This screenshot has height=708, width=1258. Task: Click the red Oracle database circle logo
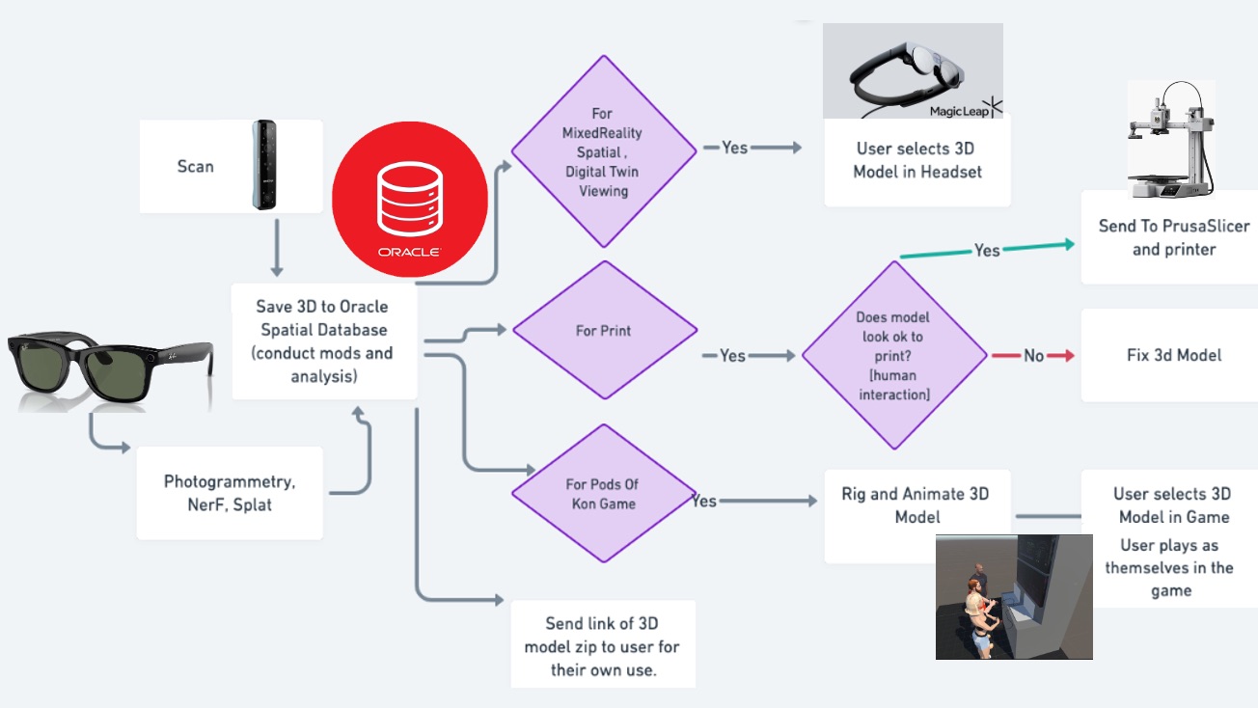[x=410, y=206]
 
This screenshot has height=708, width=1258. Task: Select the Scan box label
[x=195, y=166]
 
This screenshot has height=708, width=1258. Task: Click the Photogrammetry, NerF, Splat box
[x=230, y=493]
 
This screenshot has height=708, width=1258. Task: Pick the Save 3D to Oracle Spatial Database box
[x=323, y=340]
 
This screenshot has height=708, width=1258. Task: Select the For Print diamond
[x=604, y=331]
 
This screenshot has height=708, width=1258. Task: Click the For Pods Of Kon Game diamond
[x=603, y=494]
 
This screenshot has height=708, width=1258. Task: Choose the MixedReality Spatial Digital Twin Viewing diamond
[x=603, y=152]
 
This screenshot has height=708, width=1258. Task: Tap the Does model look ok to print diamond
[x=893, y=356]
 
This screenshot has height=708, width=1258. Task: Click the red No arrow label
[x=1033, y=356]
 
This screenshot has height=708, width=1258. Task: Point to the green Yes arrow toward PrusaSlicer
[x=987, y=250]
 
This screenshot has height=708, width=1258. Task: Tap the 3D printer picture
[x=1170, y=139]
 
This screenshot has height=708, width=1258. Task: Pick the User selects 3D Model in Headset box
[x=916, y=161]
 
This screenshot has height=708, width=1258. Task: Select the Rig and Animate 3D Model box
[x=916, y=504]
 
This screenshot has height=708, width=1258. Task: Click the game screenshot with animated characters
[x=1013, y=596]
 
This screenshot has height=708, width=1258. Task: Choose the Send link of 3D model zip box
[x=603, y=646]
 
